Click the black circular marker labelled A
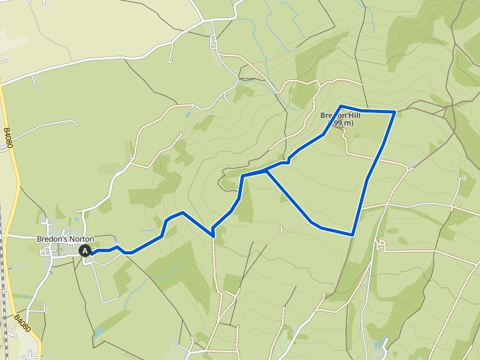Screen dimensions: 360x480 [86, 251]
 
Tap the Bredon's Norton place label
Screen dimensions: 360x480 [64, 239]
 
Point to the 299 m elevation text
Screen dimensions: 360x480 [342, 124]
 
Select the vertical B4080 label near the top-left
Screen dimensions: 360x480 [7, 138]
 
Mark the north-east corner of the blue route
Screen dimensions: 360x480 [395, 112]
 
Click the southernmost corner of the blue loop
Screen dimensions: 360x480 [352, 235]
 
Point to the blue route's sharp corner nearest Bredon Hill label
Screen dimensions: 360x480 [342, 106]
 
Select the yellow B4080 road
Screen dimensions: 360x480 [14, 187]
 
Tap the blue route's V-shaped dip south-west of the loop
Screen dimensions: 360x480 [213, 235]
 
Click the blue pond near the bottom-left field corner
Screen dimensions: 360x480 [98, 332]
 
